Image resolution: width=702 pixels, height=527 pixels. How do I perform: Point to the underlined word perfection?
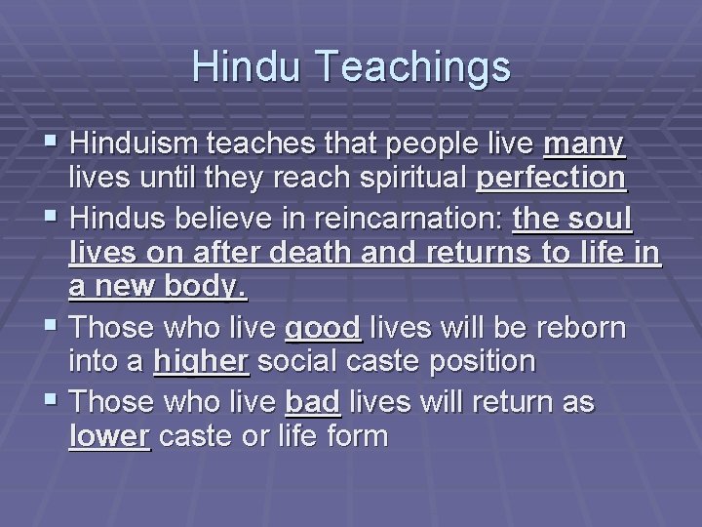point(551,180)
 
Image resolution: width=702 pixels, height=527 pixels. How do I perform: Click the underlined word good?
point(323,326)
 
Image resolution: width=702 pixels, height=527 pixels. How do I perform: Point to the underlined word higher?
point(202,361)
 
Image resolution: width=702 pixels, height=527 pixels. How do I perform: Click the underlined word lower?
point(110,435)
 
